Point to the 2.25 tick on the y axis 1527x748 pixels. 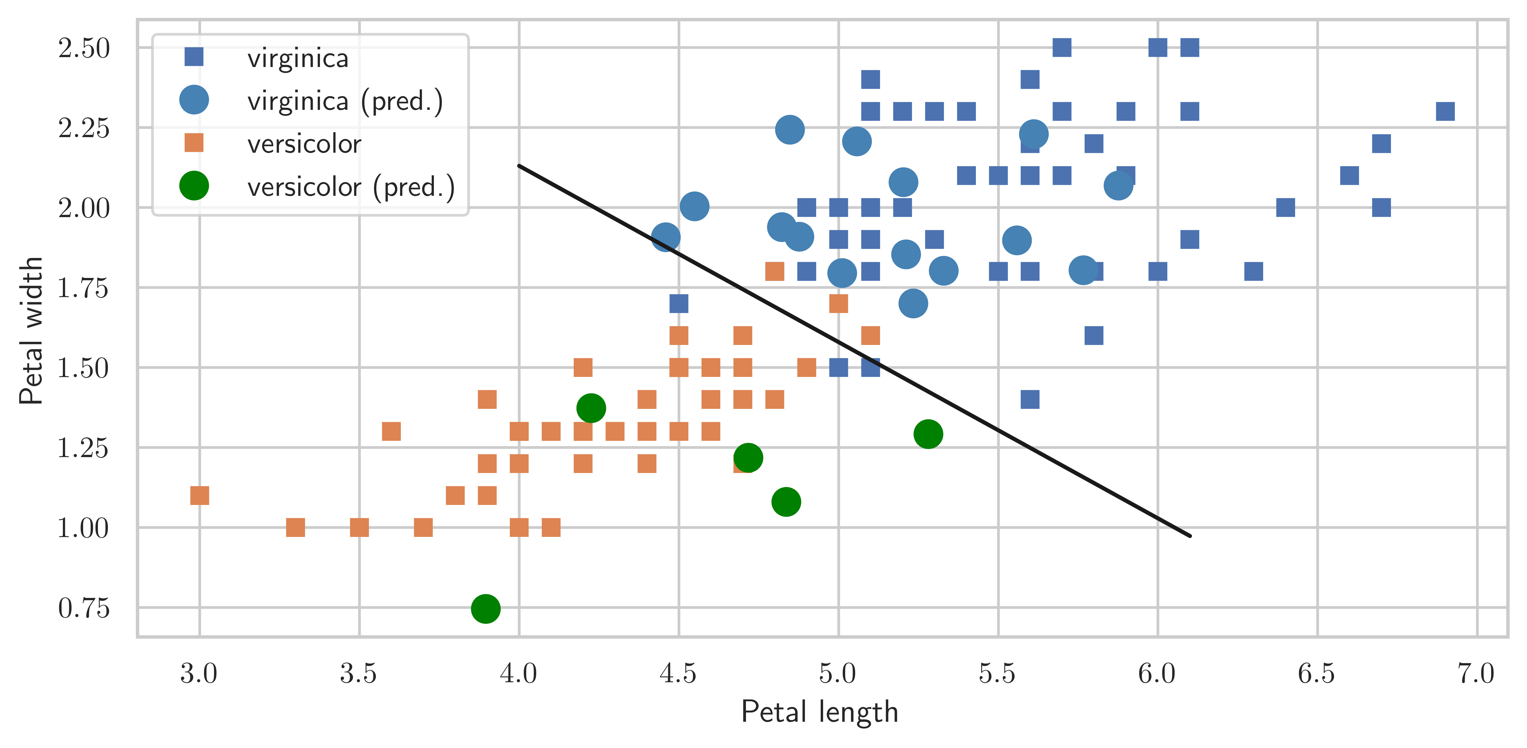(x=84, y=128)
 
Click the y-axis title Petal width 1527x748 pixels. (x=31, y=331)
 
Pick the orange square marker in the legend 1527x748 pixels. (x=194, y=143)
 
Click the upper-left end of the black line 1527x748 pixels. (x=519, y=166)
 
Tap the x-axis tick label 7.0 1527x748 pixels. (x=1476, y=674)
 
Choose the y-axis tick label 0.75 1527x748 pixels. (x=84, y=608)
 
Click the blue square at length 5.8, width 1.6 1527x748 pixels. (x=1094, y=336)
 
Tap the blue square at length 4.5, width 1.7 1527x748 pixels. (x=679, y=303)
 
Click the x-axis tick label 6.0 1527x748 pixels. (x=1157, y=674)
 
